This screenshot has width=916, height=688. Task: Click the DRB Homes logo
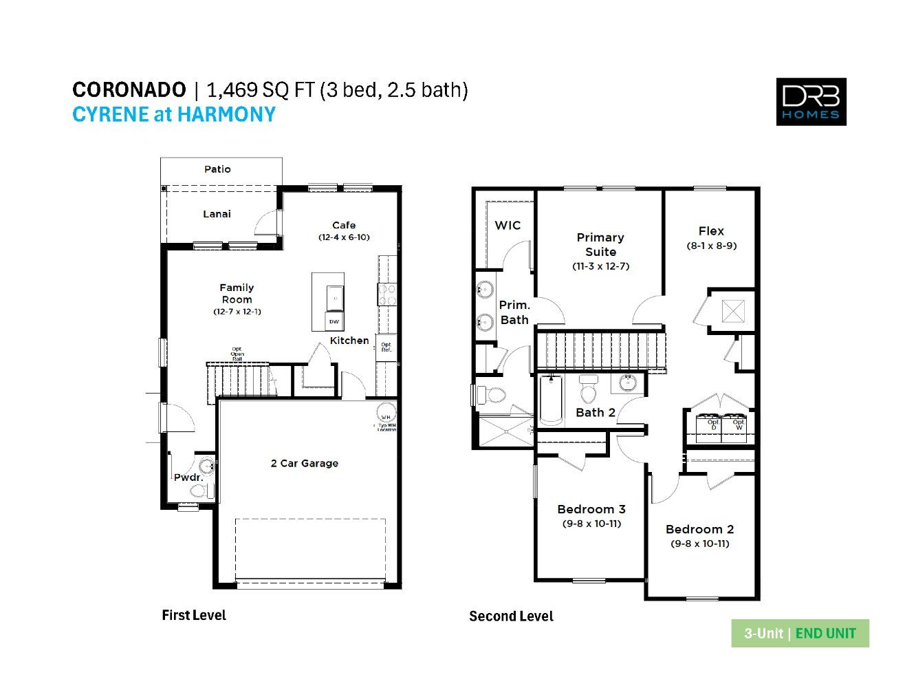coord(811,102)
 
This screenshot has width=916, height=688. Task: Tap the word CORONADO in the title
coord(129,90)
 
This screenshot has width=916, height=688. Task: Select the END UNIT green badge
coord(825,634)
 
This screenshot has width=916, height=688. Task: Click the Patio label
coord(217,169)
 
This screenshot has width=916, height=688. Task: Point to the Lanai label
coord(217,214)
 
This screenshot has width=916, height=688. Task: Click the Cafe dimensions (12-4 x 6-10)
coord(344,237)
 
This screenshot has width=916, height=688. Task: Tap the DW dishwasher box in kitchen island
coord(334,321)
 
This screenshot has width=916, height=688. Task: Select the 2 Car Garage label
coord(304,464)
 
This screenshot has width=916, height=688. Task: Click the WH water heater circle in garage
coord(386,416)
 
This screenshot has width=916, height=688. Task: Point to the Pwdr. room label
coord(188,477)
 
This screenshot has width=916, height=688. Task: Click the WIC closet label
coord(508,226)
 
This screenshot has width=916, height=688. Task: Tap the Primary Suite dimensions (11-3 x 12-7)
coord(600,266)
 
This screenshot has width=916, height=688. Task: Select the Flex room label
coord(711,231)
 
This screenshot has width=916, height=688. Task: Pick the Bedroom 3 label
coord(591,509)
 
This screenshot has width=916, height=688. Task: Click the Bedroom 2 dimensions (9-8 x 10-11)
coord(699,544)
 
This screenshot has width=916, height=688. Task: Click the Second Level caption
coord(511,616)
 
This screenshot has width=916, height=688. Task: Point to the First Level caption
coord(193,616)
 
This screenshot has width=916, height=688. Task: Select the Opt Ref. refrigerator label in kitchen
coord(386,347)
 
